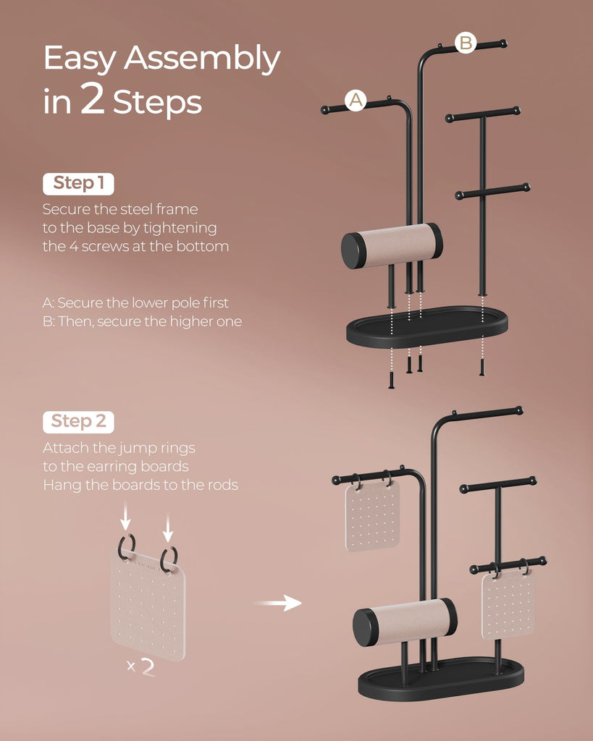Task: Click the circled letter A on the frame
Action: pyautogui.click(x=356, y=100)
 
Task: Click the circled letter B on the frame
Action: pyautogui.click(x=466, y=43)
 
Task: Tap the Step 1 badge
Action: pyautogui.click(x=78, y=184)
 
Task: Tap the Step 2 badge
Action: pyautogui.click(x=78, y=422)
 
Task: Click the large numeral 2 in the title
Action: pyautogui.click(x=92, y=98)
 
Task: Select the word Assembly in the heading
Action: pyautogui.click(x=203, y=59)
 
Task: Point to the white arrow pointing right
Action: pyautogui.click(x=278, y=603)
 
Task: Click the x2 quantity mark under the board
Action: pyautogui.click(x=141, y=667)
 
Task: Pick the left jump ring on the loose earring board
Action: pyautogui.click(x=126, y=547)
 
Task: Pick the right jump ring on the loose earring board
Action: pyautogui.click(x=169, y=559)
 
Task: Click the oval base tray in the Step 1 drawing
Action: pyautogui.click(x=427, y=327)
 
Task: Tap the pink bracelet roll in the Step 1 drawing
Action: pyautogui.click(x=392, y=246)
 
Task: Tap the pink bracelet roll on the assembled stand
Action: pyautogui.click(x=405, y=622)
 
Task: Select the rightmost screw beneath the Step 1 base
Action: pyautogui.click(x=482, y=367)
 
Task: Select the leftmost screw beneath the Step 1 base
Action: pyautogui.click(x=392, y=380)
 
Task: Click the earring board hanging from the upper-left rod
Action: pyautogui.click(x=373, y=516)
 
